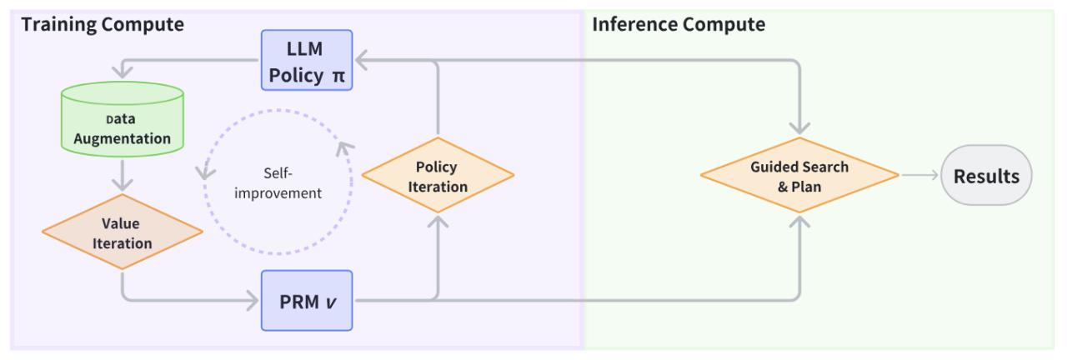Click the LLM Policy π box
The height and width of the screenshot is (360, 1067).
(307, 60)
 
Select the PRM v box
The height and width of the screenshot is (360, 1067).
(307, 301)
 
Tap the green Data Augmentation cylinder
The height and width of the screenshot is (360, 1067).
(123, 119)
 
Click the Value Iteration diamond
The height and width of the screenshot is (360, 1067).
(123, 232)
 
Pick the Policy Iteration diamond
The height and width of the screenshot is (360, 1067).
(438, 175)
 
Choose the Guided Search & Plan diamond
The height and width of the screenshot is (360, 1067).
(799, 175)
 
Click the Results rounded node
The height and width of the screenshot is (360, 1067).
(986, 175)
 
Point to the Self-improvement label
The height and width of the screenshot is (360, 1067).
(278, 182)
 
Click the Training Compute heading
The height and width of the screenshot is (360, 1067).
(103, 24)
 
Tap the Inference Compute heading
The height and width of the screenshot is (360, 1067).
(679, 24)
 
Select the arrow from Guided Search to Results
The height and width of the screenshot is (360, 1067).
(920, 175)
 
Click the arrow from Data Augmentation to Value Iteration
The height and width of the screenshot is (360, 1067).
(123, 175)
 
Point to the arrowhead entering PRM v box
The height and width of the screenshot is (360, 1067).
(253, 301)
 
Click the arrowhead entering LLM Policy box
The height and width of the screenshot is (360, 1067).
(362, 60)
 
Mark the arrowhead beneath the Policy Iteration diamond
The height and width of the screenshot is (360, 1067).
(438, 222)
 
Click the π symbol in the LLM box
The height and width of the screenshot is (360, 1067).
(338, 76)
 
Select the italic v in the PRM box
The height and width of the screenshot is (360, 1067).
(331, 302)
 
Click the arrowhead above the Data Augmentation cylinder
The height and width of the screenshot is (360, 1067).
(123, 72)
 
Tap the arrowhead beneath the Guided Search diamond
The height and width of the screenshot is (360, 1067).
(799, 222)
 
